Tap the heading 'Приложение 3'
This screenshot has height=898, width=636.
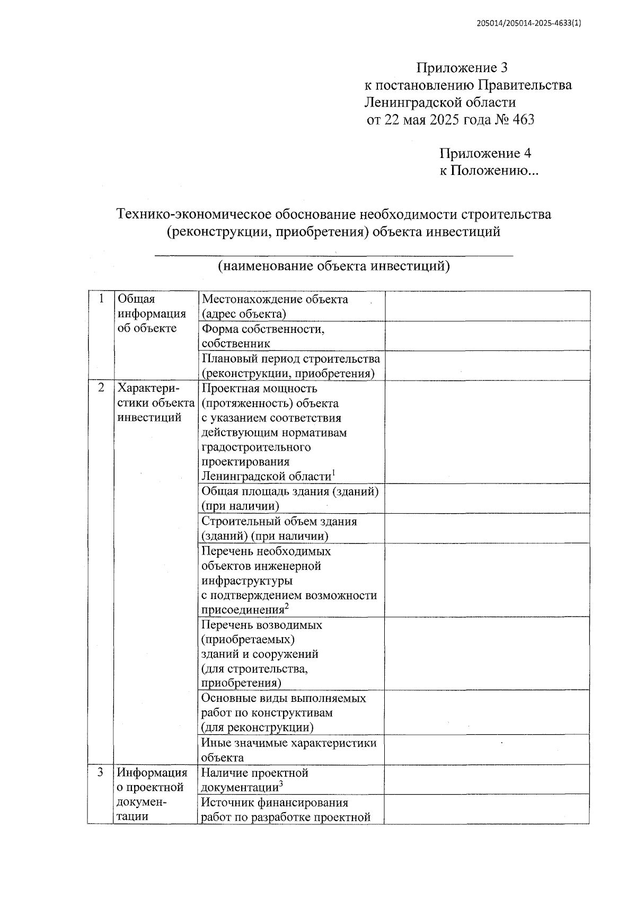click(462, 68)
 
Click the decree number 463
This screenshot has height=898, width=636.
click(524, 120)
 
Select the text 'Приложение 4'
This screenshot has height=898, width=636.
click(485, 154)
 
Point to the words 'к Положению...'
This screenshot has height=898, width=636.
click(489, 171)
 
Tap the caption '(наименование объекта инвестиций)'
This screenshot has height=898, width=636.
click(334, 266)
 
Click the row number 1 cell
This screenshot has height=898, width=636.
click(101, 299)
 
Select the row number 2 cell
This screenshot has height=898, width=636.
click(101, 388)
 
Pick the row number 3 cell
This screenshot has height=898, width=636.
click(101, 772)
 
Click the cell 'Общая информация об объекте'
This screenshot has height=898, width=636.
click(152, 314)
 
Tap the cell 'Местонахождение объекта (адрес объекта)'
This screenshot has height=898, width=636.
click(275, 306)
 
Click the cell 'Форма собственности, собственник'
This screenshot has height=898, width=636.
click(263, 336)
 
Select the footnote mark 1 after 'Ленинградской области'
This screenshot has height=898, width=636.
click(334, 472)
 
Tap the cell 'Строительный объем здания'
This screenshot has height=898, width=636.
click(279, 529)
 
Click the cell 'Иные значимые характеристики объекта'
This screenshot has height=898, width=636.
click(289, 750)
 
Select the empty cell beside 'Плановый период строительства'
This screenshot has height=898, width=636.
click(487, 366)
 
